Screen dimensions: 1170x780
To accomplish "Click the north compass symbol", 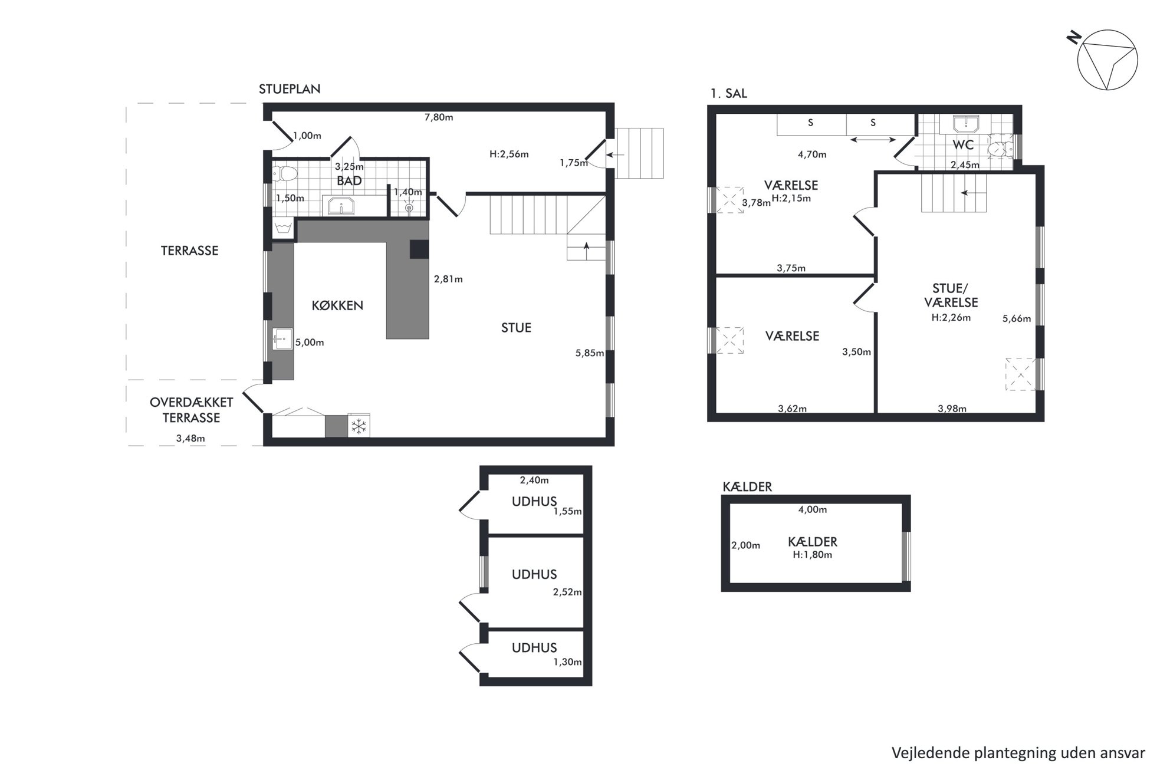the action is pos(1107,60).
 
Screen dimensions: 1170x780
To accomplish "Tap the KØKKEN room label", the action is pos(337,305).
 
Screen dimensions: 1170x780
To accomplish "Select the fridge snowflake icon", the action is pos(359,426).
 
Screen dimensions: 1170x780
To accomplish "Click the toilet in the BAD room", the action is pos(286,174).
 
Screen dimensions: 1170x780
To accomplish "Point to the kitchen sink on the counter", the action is pos(282,339).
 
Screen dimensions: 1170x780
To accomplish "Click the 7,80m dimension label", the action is pos(439,117).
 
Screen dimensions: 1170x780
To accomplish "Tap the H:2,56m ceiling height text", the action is pos(509,154).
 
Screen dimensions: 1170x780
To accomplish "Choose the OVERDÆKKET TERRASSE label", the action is pos(191,410).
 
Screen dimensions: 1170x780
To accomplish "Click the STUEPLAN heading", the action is pos(290,89).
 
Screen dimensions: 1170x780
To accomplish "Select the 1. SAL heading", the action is pos(728,93).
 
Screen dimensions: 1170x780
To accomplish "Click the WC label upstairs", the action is pos(963,144).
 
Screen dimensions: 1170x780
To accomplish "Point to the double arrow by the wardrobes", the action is pos(873,140).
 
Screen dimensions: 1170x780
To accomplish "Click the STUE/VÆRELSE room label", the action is pos(951,295).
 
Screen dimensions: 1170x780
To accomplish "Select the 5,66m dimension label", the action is pos(1017,319).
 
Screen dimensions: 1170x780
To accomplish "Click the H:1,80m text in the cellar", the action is pos(812,555).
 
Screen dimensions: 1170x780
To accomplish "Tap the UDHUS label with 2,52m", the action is pos(534,574).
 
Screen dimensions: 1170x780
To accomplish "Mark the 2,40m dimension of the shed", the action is pos(534,480).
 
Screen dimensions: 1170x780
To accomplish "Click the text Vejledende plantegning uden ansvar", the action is pos(1018,753).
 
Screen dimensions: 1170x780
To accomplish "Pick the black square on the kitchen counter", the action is pos(419,249).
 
